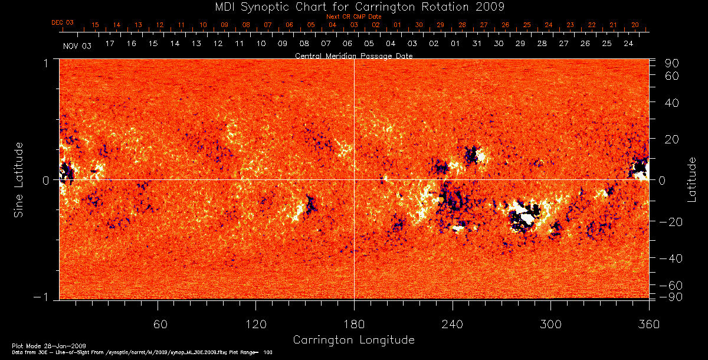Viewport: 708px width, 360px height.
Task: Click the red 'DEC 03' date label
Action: point(63,22)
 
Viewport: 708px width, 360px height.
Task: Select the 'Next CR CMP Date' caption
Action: point(354,17)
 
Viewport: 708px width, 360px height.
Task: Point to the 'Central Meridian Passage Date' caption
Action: point(354,55)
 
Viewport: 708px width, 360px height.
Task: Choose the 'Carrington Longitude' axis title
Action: point(354,340)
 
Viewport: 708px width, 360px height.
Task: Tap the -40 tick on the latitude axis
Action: point(670,258)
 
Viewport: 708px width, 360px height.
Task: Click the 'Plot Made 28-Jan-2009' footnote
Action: point(50,346)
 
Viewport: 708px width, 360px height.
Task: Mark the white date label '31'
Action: point(477,44)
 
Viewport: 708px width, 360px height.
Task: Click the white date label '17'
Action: point(110,44)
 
